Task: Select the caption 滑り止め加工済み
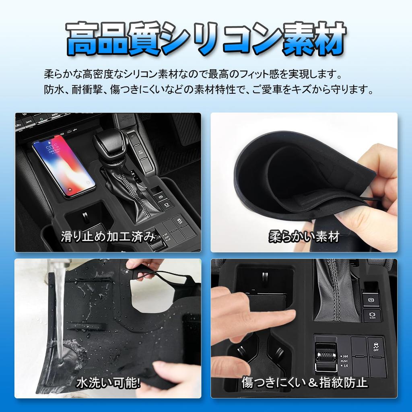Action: [107, 237]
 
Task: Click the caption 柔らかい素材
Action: [304, 237]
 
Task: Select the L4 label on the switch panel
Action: [346, 366]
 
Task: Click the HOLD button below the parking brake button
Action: [372, 315]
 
